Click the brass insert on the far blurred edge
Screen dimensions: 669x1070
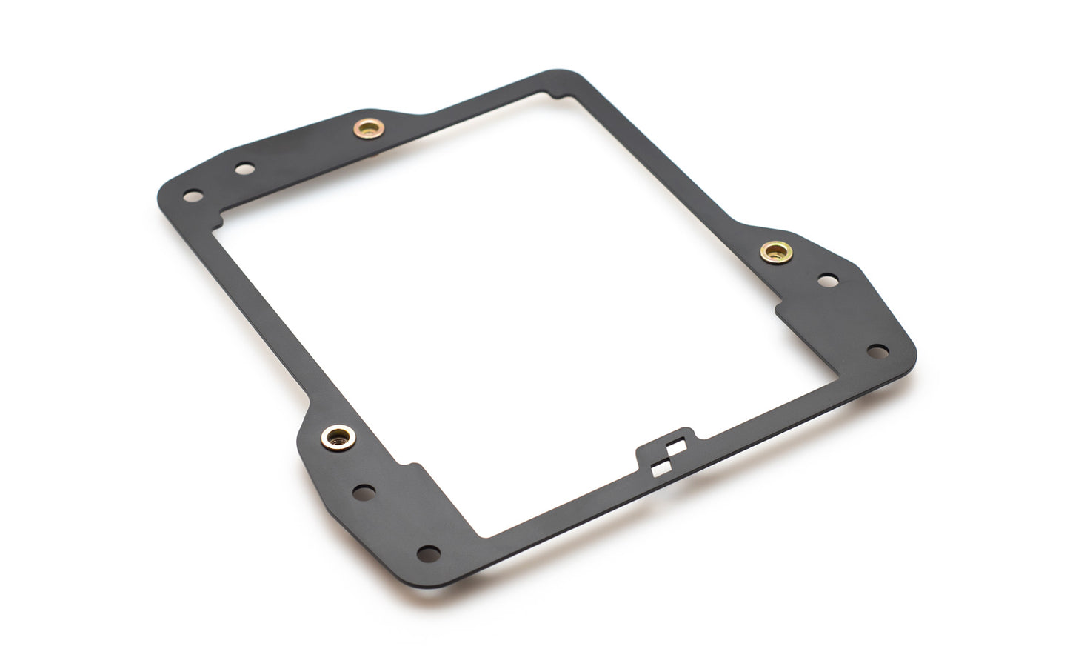[368, 129]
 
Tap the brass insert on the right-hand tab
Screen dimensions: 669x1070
[776, 252]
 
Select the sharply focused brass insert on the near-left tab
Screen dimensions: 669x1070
[338, 437]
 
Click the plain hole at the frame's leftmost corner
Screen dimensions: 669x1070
[193, 196]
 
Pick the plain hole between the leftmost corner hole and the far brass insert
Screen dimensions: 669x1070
[244, 169]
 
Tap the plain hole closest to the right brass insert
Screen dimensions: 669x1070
[828, 281]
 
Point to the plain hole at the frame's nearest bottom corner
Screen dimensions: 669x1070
[428, 553]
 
